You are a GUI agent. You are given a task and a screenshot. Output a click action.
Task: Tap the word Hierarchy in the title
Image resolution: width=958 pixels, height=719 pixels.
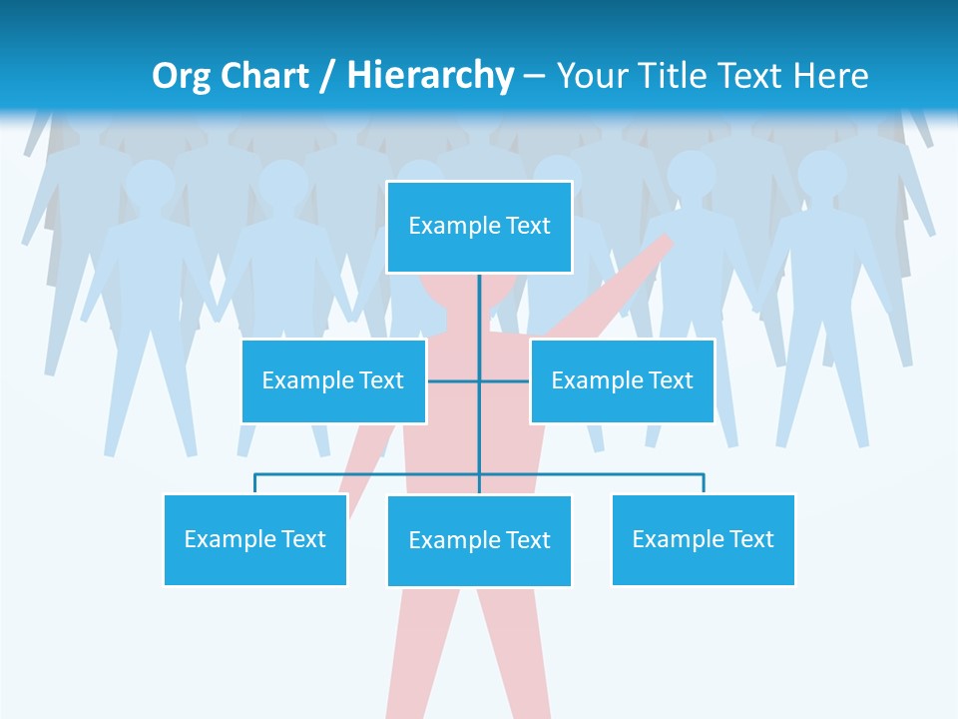point(429,76)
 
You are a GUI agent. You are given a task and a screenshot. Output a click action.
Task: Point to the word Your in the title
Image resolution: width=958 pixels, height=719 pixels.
point(589,76)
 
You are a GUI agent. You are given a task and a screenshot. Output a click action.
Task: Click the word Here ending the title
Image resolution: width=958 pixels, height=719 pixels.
point(830,76)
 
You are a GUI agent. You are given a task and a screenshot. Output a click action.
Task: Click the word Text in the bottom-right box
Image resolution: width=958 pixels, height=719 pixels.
point(751,539)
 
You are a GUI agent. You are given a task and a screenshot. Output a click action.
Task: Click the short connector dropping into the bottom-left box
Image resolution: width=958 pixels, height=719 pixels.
point(254,483)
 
